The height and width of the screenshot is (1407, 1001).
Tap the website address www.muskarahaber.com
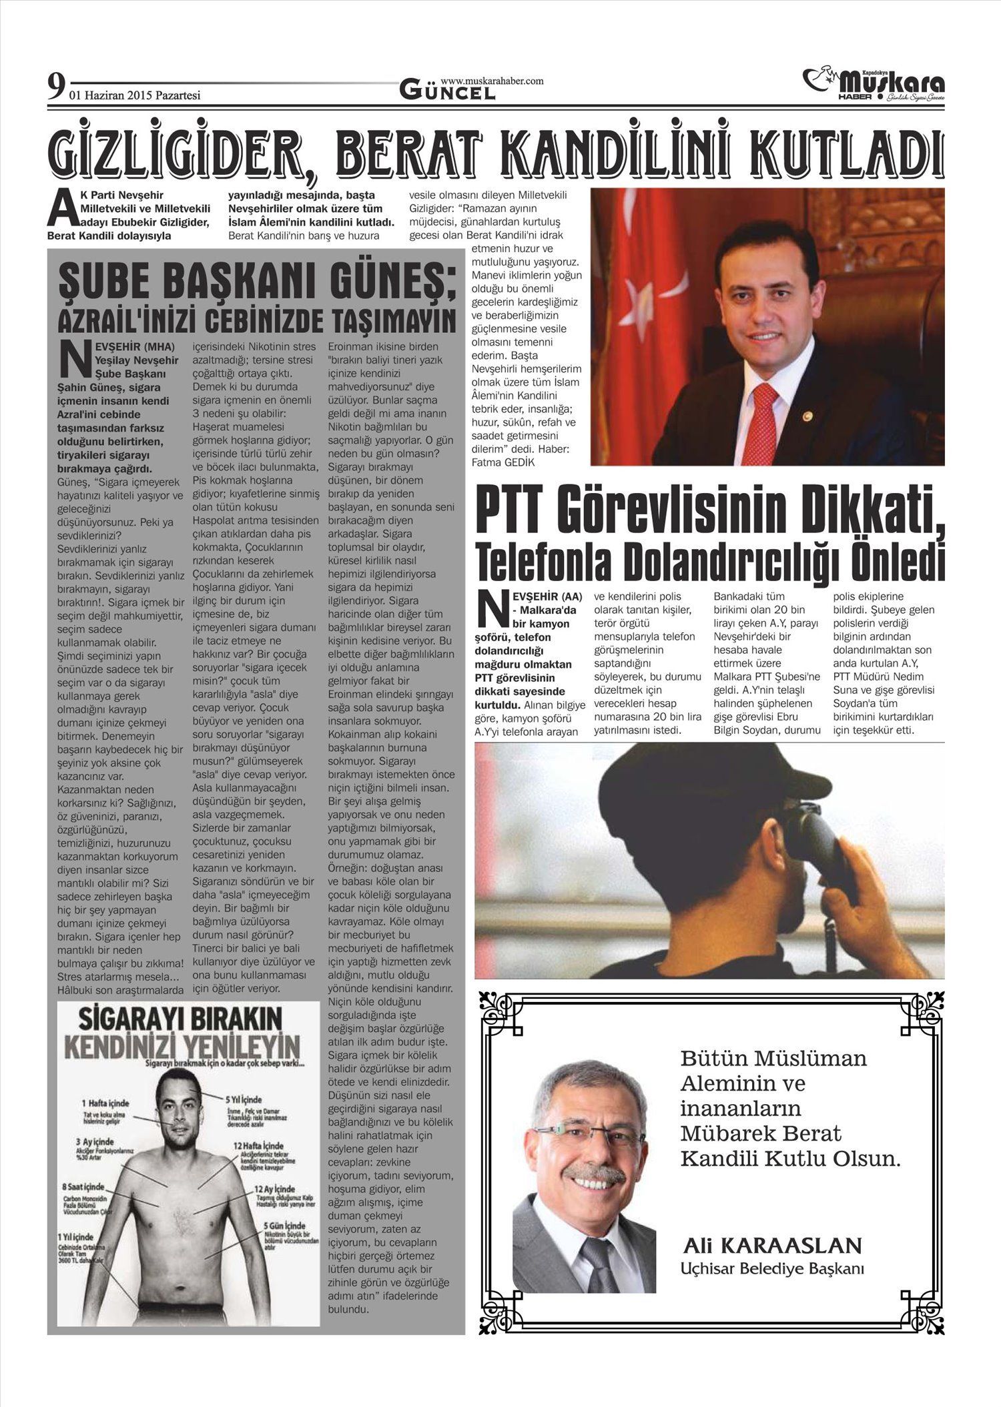[492, 81]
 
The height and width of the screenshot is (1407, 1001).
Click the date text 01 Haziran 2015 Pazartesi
[135, 95]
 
